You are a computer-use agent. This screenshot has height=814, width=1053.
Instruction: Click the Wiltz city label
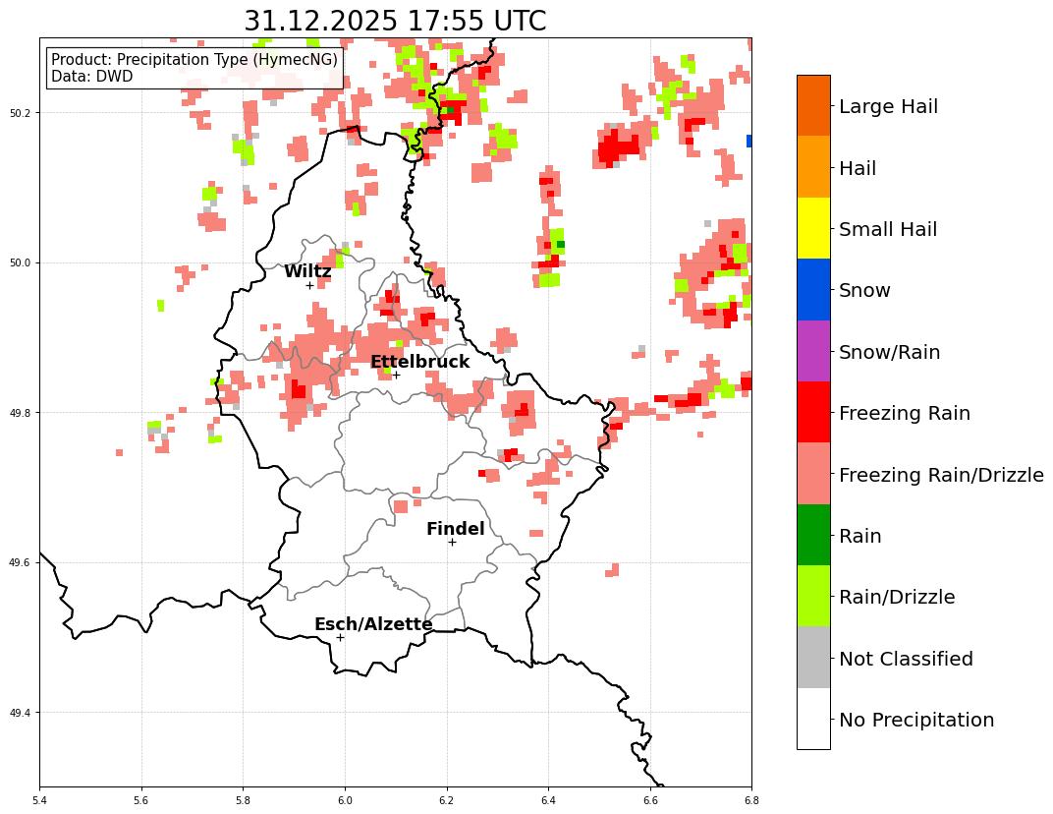pyautogui.click(x=307, y=272)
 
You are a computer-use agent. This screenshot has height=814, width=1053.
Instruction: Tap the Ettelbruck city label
pyautogui.click(x=419, y=363)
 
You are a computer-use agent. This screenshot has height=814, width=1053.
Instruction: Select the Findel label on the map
pyautogui.click(x=455, y=530)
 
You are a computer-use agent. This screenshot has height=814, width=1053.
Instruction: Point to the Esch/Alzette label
pyautogui.click(x=373, y=625)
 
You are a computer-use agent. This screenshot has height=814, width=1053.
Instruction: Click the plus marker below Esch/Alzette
pyautogui.click(x=340, y=637)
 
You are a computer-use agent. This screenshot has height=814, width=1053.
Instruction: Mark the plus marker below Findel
pyautogui.click(x=452, y=542)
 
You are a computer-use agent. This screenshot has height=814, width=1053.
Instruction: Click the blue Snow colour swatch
pyautogui.click(x=813, y=290)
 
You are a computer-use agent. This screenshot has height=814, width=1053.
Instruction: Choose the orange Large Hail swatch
pyautogui.click(x=813, y=105)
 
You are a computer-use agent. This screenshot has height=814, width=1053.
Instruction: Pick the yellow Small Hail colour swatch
pyautogui.click(x=813, y=228)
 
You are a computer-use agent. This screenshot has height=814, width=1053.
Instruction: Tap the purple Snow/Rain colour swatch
pyautogui.click(x=813, y=351)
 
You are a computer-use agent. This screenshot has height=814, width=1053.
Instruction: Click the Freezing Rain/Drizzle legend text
pyautogui.click(x=940, y=476)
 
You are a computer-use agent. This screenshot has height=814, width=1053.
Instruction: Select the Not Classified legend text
pyautogui.click(x=906, y=660)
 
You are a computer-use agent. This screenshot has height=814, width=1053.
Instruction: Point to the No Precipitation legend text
pyautogui.click(x=915, y=721)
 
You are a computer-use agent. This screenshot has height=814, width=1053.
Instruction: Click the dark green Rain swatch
pyautogui.click(x=813, y=535)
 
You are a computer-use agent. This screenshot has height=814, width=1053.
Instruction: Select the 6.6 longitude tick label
pyautogui.click(x=650, y=801)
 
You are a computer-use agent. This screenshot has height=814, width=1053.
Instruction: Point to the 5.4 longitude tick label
pyautogui.click(x=40, y=801)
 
